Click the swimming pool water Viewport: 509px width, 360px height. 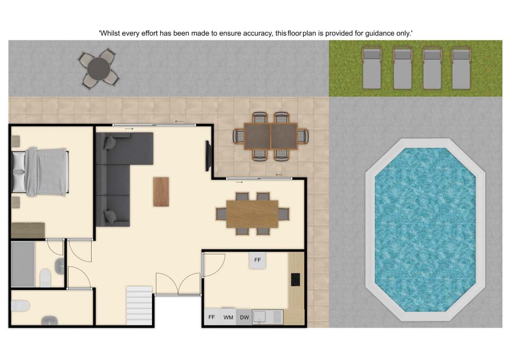[x=425, y=230]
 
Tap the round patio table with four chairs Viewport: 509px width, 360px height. [x=99, y=69]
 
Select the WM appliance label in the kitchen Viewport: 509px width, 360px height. [x=228, y=317]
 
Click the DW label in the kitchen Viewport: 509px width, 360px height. [x=244, y=317]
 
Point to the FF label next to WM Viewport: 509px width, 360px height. [x=212, y=317]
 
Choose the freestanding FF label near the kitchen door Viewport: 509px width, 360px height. [x=258, y=260]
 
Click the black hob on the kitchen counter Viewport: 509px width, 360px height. [x=295, y=279]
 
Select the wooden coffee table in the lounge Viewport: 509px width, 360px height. [x=161, y=191]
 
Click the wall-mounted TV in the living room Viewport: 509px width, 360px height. [x=208, y=156]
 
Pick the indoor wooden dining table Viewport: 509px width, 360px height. [x=252, y=214]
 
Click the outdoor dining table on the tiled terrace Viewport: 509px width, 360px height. [x=271, y=136]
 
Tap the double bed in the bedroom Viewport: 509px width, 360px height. [x=40, y=172]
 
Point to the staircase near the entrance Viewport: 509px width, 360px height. [x=139, y=305]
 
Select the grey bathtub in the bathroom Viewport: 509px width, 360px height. [x=23, y=264]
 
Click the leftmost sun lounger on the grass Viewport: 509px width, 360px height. [x=371, y=68]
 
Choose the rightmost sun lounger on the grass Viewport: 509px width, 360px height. [x=461, y=68]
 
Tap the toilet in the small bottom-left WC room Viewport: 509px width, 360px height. [x=21, y=306]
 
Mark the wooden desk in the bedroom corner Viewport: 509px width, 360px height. [x=28, y=230]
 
